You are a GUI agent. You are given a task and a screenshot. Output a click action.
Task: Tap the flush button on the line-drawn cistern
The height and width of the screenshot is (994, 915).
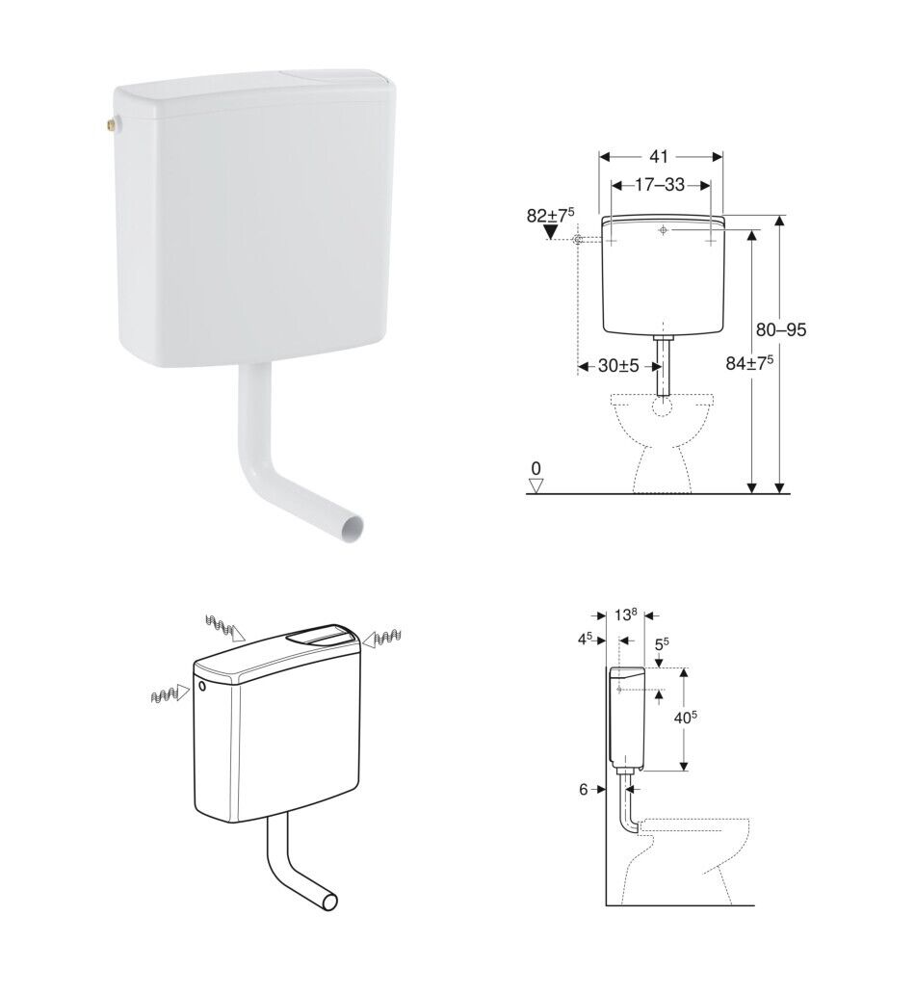pyautogui.click(x=322, y=635)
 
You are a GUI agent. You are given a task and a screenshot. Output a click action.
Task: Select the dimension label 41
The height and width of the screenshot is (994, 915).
pyautogui.click(x=659, y=157)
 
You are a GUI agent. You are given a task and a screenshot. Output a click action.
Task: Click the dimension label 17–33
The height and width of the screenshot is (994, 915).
pyautogui.click(x=660, y=185)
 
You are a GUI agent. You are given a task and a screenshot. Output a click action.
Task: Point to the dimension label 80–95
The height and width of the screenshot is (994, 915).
pyautogui.click(x=780, y=329)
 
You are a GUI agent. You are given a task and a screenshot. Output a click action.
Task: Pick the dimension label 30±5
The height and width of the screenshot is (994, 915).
pyautogui.click(x=618, y=366)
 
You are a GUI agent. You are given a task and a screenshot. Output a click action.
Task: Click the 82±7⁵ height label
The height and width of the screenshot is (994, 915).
pyautogui.click(x=550, y=215)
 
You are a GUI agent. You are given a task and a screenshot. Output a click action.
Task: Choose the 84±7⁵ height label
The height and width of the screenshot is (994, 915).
pyautogui.click(x=749, y=363)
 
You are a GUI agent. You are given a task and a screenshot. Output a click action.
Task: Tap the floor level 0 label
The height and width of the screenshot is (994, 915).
pyautogui.click(x=536, y=468)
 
